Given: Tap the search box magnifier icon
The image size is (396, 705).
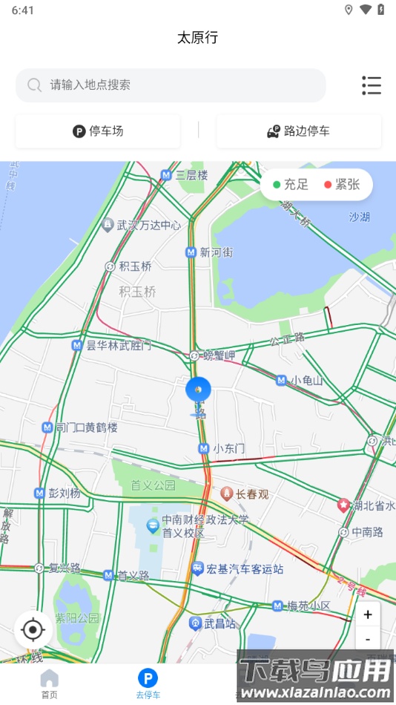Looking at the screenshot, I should click(34, 85).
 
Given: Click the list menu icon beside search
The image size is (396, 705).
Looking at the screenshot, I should click(372, 85).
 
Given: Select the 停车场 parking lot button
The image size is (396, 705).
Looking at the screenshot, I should click(98, 131).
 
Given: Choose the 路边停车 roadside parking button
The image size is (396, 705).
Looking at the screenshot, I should click(299, 131).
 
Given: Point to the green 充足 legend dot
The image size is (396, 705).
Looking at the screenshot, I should click(277, 185).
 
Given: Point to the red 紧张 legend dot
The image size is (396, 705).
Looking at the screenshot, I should click(328, 185).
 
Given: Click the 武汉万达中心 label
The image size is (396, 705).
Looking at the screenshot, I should click(148, 225).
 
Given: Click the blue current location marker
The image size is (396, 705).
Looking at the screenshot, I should click(198, 389).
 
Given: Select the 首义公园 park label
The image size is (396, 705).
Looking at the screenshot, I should click(153, 485).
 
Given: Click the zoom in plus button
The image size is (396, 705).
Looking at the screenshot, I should click(368, 614).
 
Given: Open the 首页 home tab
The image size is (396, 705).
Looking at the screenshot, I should click(49, 683).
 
